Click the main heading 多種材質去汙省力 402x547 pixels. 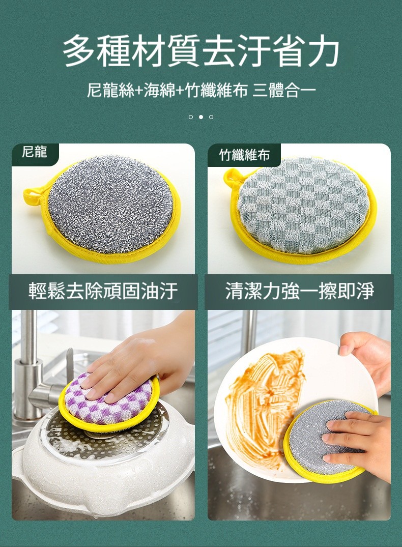201,51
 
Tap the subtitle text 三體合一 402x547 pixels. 284,91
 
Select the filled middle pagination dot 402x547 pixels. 200,117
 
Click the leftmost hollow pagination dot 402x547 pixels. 190,117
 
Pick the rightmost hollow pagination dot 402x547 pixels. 211,117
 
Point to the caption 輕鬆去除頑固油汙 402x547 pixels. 103,291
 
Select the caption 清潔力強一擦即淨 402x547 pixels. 300,291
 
